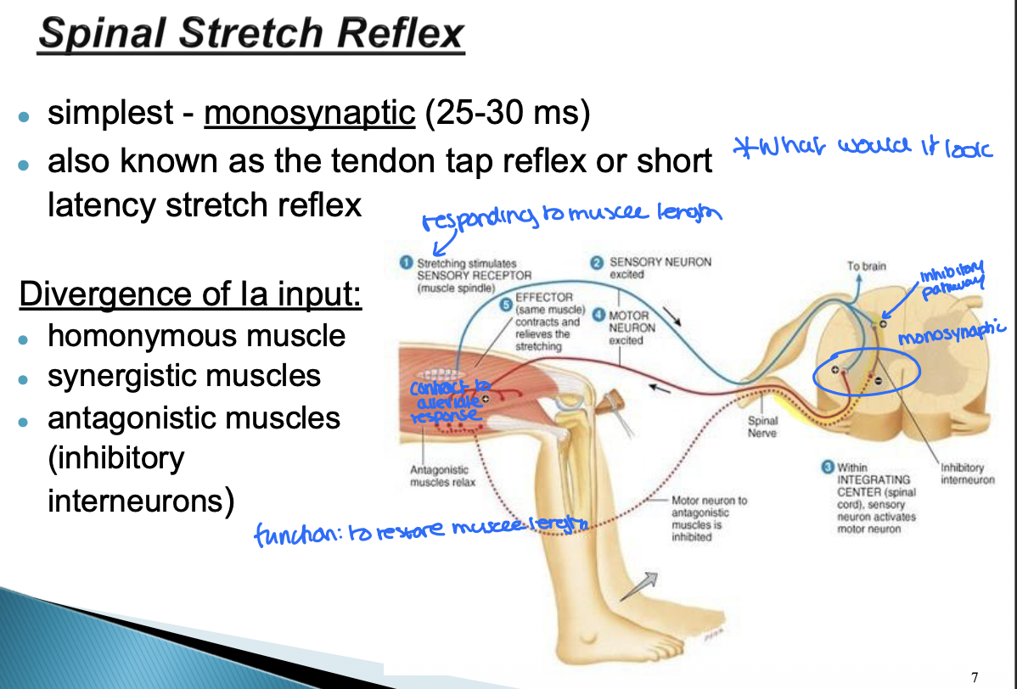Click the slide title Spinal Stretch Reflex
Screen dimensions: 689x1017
(x=251, y=34)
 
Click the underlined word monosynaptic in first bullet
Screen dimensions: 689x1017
(x=309, y=113)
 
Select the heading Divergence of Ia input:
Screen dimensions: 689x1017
(x=191, y=294)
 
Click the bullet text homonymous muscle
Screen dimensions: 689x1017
(x=197, y=336)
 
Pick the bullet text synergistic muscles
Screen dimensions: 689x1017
(x=184, y=376)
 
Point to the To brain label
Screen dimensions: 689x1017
(x=865, y=266)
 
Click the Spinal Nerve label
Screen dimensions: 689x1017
(x=761, y=427)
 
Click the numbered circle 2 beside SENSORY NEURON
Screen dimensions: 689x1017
(x=597, y=262)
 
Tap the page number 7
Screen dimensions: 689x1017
(x=975, y=676)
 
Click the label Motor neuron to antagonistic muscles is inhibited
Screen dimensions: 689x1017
(x=709, y=518)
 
